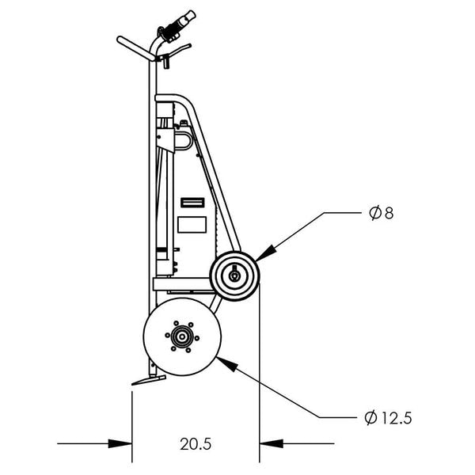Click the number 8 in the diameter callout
387,213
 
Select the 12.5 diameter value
396,417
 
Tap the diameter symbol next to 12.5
370,417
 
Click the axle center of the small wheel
234,275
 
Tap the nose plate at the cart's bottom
148,382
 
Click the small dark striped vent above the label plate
191,203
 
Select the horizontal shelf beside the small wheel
180,281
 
